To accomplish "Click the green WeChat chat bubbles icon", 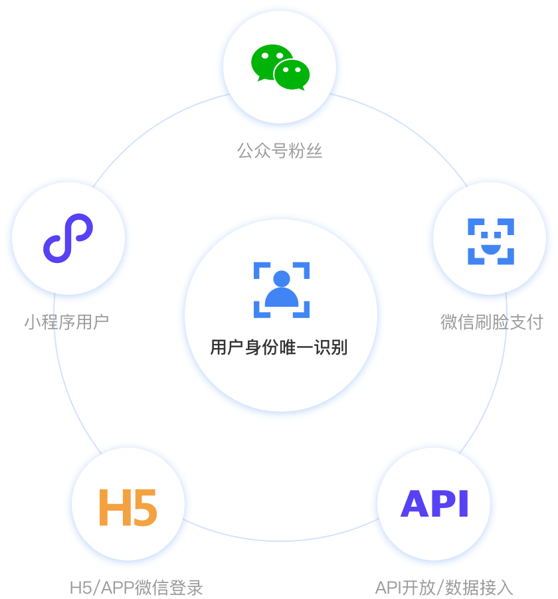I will [x=280, y=67].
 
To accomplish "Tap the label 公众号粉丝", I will [x=280, y=151].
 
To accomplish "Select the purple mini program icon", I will [x=68, y=237].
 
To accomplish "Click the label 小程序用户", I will [x=66, y=323].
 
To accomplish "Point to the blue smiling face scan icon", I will [x=490, y=241].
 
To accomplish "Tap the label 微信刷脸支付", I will [x=492, y=323].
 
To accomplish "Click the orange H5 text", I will [x=128, y=508].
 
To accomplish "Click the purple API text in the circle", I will [x=434, y=503].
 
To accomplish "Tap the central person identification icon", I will [x=282, y=290].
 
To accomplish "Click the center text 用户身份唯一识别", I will [x=279, y=347].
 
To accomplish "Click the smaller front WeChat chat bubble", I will [x=292, y=74].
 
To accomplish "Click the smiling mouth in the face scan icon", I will [x=490, y=250].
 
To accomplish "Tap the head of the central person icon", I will [x=282, y=279].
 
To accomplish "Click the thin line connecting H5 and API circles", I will [x=279, y=540].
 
